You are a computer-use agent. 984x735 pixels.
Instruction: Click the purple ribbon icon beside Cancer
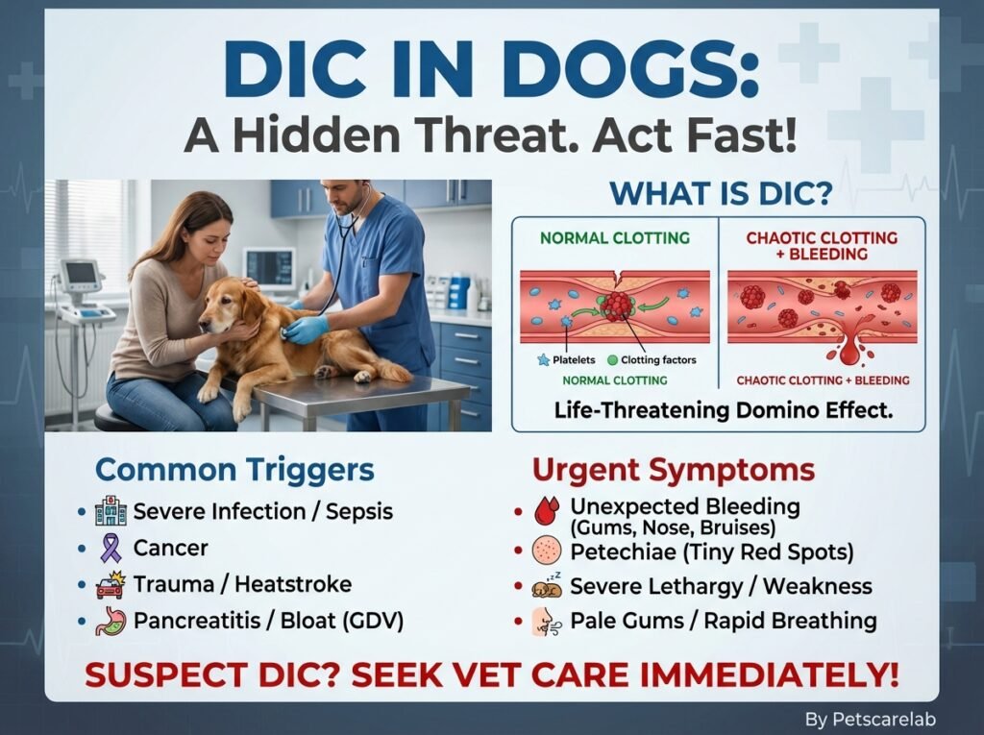click(111, 548)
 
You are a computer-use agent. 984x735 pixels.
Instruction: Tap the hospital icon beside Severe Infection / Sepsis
click(111, 511)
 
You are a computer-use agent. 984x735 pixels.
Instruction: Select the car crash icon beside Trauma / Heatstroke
click(111, 584)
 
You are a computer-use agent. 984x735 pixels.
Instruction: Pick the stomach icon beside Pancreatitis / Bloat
click(111, 621)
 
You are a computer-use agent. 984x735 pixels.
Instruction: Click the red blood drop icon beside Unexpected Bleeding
click(546, 510)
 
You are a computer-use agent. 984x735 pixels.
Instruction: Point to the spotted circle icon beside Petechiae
click(546, 551)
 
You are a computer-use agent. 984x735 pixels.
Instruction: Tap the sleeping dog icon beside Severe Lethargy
click(547, 587)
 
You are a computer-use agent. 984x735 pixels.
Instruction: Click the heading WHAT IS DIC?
click(721, 193)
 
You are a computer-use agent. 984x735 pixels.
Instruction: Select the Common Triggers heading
click(234, 469)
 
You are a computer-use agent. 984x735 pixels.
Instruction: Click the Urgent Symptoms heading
click(674, 470)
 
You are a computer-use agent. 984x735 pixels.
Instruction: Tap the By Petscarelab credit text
click(870, 719)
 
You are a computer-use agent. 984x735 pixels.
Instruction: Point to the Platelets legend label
click(574, 360)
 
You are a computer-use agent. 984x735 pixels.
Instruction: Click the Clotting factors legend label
click(658, 360)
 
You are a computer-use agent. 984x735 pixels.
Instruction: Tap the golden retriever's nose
click(204, 325)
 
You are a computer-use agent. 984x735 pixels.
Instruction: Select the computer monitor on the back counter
click(269, 267)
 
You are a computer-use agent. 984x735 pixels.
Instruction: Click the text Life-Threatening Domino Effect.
click(723, 410)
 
